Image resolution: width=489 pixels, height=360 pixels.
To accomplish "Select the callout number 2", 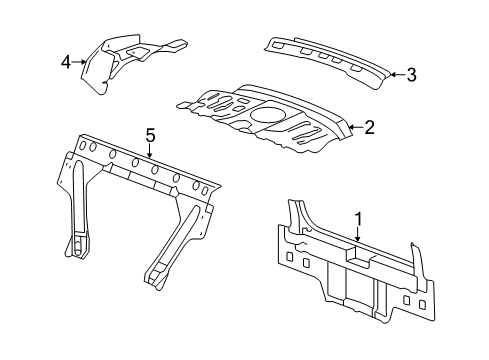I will pos(369,127).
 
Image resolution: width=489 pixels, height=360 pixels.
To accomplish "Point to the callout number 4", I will pos(66,62).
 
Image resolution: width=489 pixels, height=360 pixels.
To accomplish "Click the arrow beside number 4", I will pos(80,62).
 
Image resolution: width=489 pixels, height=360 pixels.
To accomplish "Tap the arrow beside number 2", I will pos(353,127).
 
